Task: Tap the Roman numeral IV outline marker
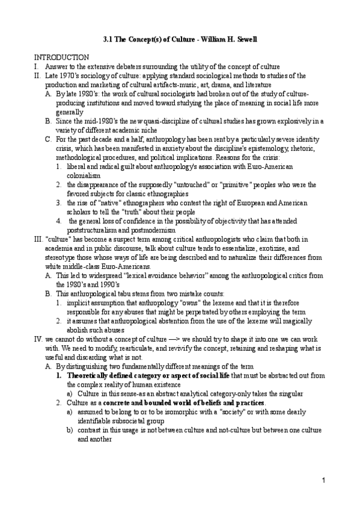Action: click(x=38, y=339)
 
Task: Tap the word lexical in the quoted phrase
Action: click(x=130, y=275)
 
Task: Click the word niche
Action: click(x=162, y=129)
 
